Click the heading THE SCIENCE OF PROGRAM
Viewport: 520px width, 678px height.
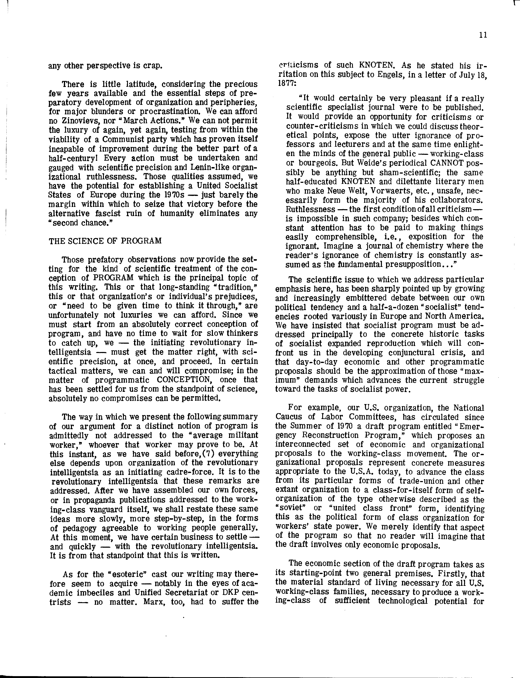(x=105, y=241)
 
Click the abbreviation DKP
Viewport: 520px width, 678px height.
(x=230, y=593)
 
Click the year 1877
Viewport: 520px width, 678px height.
(x=283, y=84)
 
